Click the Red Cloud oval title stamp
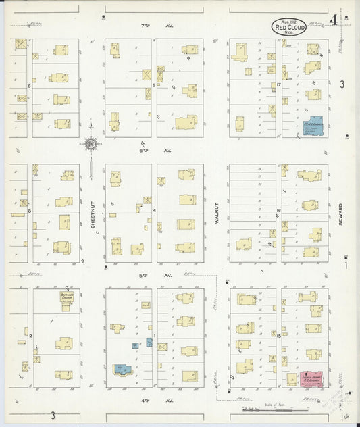coord(289,27)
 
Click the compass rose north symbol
coord(91,143)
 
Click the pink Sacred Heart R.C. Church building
coord(311,379)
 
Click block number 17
coord(278,85)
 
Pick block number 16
coord(278,211)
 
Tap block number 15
coord(278,336)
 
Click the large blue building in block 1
coord(122,368)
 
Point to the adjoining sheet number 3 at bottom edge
coord(51,415)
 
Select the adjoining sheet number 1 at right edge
coord(345,265)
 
